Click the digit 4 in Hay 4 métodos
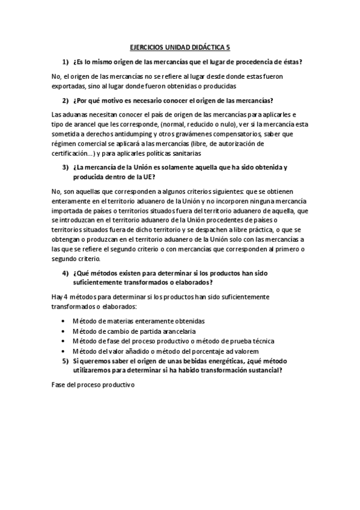tap(63, 297)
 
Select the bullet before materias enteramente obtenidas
tap(64, 321)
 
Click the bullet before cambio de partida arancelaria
tap(64, 331)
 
